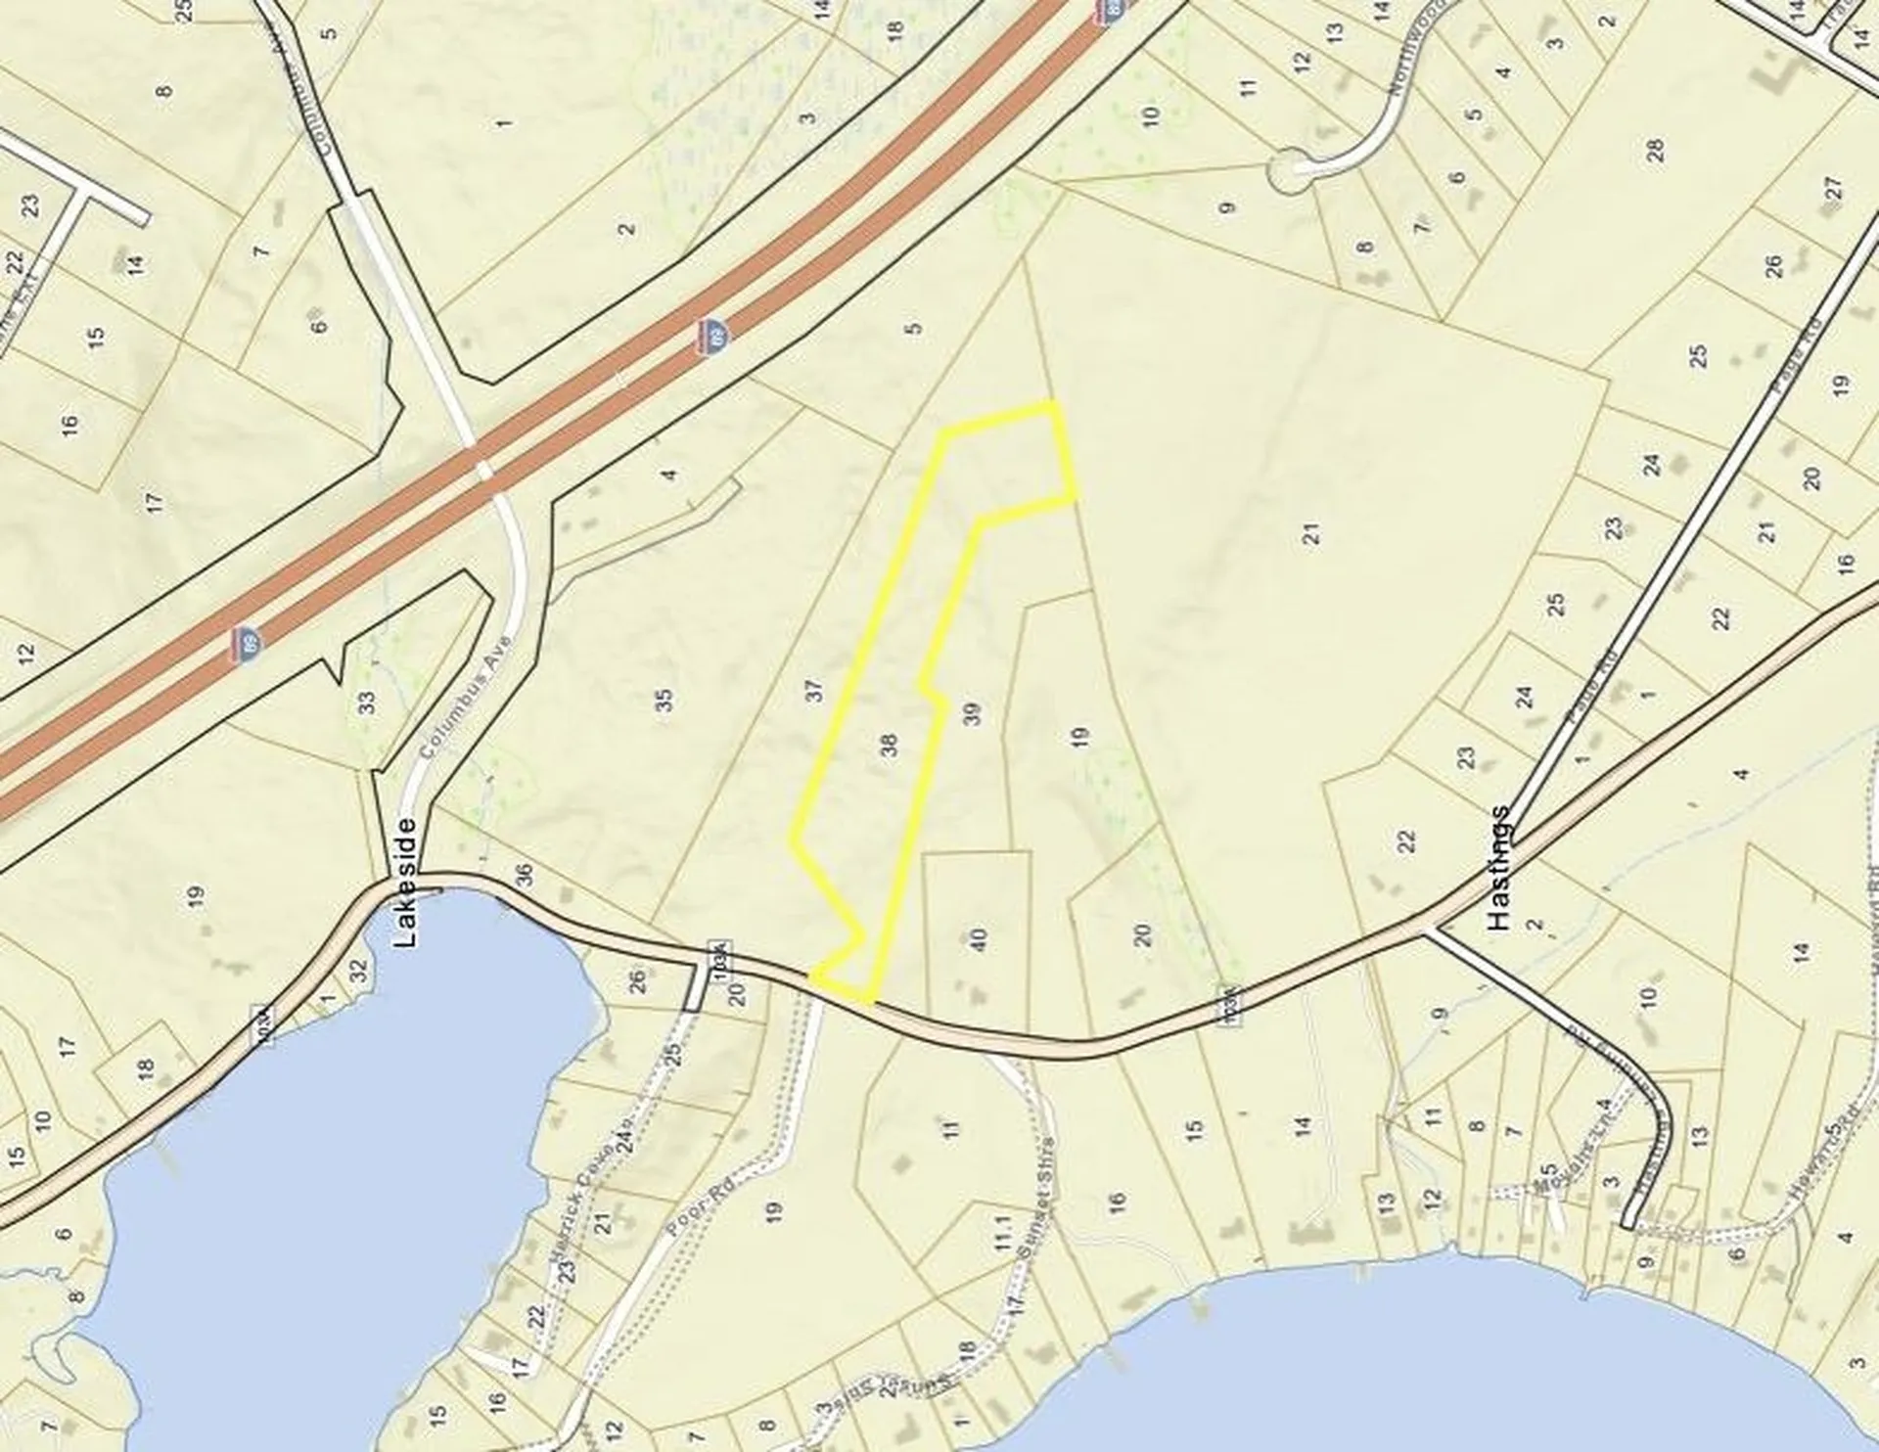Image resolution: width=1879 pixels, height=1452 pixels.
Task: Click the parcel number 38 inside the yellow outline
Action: point(889,747)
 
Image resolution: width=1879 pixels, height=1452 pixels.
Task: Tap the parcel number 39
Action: point(972,714)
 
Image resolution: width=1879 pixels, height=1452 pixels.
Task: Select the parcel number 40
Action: point(978,940)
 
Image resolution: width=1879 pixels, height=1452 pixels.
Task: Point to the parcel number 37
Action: point(815,691)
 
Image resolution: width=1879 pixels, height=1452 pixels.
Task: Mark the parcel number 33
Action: point(367,703)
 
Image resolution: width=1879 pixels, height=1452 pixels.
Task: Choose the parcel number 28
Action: point(1654,151)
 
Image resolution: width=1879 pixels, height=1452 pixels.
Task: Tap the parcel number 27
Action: point(1833,187)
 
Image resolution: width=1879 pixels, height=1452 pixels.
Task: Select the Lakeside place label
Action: point(406,882)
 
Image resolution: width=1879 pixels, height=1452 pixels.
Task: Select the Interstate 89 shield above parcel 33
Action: point(249,644)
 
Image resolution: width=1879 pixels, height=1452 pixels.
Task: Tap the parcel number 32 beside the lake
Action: point(358,970)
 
